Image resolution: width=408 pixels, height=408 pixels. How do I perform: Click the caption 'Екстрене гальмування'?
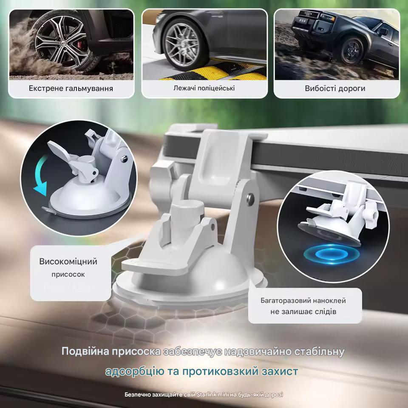coord(71,89)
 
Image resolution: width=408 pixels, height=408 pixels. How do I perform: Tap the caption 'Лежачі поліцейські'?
coord(204,88)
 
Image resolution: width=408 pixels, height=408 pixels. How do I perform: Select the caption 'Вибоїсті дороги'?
coord(335,89)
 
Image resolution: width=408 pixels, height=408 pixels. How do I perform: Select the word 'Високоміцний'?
coord(68,261)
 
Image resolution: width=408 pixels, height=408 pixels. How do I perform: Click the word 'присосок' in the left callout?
coord(68,275)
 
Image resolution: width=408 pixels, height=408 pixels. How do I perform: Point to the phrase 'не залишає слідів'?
coord(303,312)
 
